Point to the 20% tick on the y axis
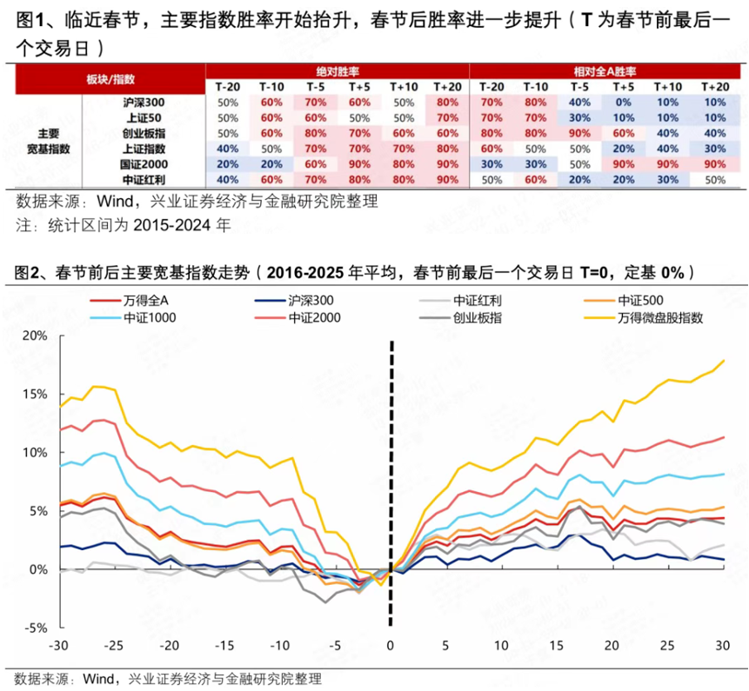[x=35, y=336]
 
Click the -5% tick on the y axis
[x=35, y=628]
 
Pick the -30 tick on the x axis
[x=59, y=646]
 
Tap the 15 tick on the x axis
[x=557, y=646]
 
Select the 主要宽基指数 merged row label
[x=49, y=141]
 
